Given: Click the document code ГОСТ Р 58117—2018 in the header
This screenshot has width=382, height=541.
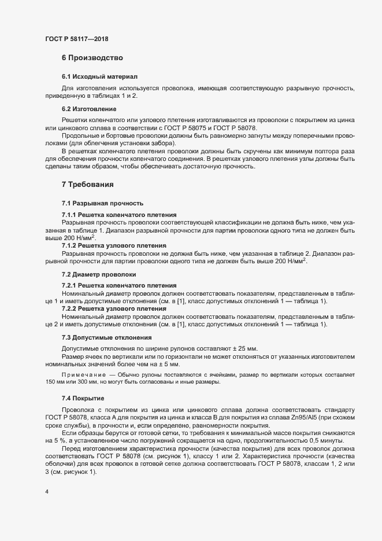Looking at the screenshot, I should [76, 39].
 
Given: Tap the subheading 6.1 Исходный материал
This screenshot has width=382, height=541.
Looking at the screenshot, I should [99, 76].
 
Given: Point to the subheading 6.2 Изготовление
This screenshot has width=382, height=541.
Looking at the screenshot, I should [89, 109].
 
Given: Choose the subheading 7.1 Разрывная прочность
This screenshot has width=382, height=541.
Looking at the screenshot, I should [98, 204].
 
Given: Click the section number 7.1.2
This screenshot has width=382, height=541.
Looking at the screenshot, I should [70, 245].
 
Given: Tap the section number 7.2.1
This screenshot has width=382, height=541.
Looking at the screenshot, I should [70, 286].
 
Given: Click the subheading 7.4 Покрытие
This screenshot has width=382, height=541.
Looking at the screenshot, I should [83, 399].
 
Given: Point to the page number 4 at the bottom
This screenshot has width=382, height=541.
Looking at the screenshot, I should [46, 492].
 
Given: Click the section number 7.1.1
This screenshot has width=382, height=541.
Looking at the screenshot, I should [70, 215].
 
